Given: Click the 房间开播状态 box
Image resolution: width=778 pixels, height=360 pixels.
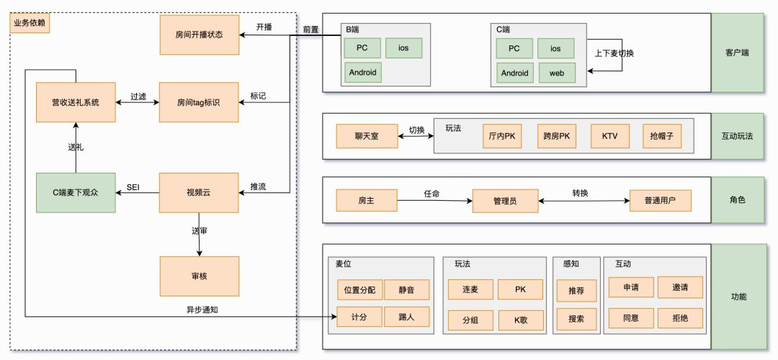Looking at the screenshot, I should point(199,35).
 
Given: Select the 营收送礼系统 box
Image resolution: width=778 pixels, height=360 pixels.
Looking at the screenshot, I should point(76,103).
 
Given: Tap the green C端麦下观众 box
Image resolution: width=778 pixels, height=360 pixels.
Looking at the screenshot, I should point(76,193).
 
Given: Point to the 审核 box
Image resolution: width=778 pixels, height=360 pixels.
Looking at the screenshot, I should point(199,276).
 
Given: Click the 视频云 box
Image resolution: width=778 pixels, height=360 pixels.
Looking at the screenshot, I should point(199,193).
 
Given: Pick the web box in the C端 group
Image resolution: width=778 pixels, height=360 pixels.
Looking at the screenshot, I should point(557,73).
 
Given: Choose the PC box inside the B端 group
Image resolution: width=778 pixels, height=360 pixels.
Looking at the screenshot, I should point(362,48).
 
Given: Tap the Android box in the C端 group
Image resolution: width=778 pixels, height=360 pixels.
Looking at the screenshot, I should point(514,73).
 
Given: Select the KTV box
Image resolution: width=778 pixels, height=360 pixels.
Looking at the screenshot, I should point(610,135).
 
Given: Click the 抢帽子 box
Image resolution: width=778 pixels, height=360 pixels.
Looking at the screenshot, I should point(661,135).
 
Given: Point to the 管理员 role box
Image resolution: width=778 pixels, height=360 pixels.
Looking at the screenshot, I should point(505,200).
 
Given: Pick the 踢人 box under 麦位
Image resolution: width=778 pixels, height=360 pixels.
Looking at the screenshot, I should point(406,318).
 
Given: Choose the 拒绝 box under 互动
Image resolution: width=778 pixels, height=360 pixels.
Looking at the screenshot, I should point(679,318).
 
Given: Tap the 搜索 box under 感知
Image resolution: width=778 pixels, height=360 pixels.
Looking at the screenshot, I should point(576,318).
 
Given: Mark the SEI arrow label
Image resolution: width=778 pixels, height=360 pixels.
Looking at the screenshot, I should point(133,187).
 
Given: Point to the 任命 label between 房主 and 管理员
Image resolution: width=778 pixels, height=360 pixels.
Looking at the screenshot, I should point(432,194).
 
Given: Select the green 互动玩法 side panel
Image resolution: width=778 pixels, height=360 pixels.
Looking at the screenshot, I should point(737,135).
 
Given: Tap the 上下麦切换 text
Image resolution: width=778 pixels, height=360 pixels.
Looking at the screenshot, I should point(614,53).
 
